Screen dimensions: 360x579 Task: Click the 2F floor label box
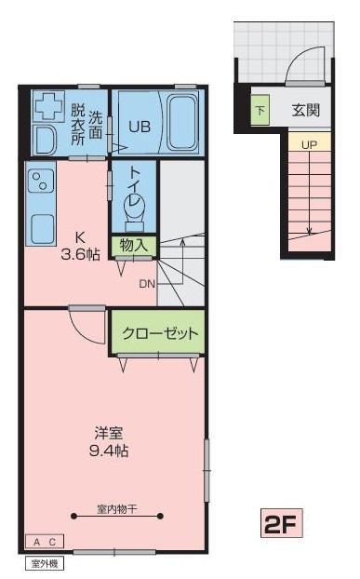(x=282, y=523)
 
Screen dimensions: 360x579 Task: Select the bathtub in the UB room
(x=182, y=122)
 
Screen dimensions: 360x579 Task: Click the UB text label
(x=140, y=127)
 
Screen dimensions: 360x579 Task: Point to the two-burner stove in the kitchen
(x=40, y=181)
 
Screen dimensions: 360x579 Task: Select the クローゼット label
(x=160, y=333)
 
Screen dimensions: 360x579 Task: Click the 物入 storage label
(x=134, y=245)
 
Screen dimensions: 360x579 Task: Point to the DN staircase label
(x=147, y=284)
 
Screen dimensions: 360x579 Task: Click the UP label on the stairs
(x=310, y=145)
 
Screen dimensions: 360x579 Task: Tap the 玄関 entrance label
(x=306, y=110)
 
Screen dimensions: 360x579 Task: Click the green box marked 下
(x=260, y=110)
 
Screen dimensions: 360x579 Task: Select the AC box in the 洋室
(x=45, y=542)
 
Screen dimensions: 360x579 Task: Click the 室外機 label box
(x=45, y=563)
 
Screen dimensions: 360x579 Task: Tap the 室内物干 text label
(x=117, y=509)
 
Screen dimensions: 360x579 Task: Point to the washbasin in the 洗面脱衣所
(x=45, y=141)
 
